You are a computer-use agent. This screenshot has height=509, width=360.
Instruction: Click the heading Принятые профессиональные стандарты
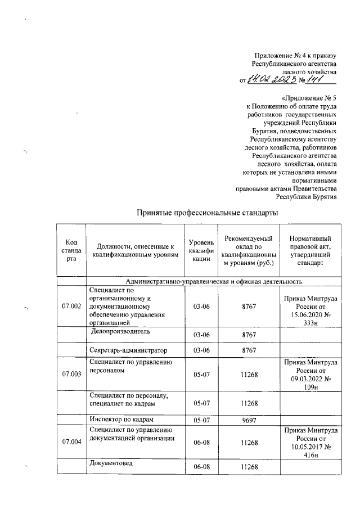208,214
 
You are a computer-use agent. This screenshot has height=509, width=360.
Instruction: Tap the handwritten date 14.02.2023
271,82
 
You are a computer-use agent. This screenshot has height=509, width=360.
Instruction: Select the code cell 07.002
71,306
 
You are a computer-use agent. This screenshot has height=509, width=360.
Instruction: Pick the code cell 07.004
71,442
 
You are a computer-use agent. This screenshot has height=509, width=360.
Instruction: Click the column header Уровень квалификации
201,250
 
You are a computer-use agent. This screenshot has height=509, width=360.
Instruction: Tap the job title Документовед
112,463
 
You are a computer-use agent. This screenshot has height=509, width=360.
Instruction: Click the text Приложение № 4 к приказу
295,56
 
